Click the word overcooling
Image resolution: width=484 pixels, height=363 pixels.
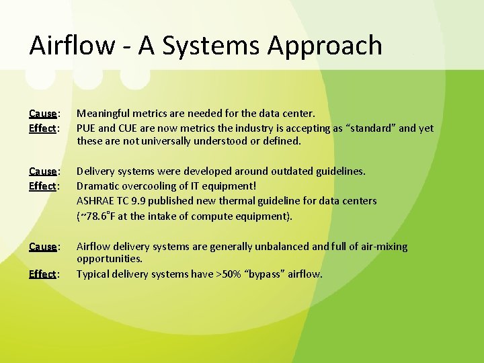click(x=153, y=186)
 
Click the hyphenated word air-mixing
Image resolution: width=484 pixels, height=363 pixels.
click(x=380, y=247)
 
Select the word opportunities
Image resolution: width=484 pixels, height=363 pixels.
click(x=110, y=258)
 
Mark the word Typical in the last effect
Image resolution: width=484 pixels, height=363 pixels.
click(x=94, y=274)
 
